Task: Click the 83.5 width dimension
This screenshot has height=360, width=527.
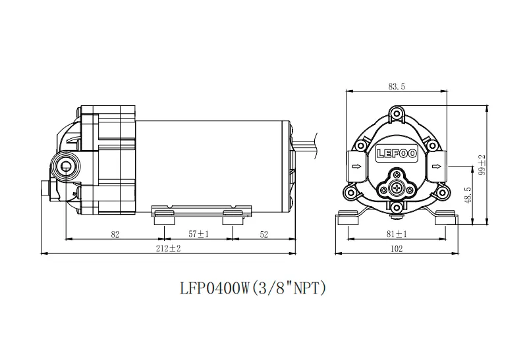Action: coord(397,86)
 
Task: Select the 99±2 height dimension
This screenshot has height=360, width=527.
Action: coord(482,165)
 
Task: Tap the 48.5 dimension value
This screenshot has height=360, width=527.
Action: coord(468,195)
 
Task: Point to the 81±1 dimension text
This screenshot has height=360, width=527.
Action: coord(397,234)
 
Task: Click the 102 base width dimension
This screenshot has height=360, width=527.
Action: coord(397,249)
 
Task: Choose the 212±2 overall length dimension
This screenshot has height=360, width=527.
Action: coord(168,249)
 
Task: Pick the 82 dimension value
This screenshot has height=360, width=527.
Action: coord(115,234)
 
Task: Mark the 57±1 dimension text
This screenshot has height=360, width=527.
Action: coord(198,234)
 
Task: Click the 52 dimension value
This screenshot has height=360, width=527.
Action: coord(264,234)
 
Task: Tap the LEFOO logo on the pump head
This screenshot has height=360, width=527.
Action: coord(397,154)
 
